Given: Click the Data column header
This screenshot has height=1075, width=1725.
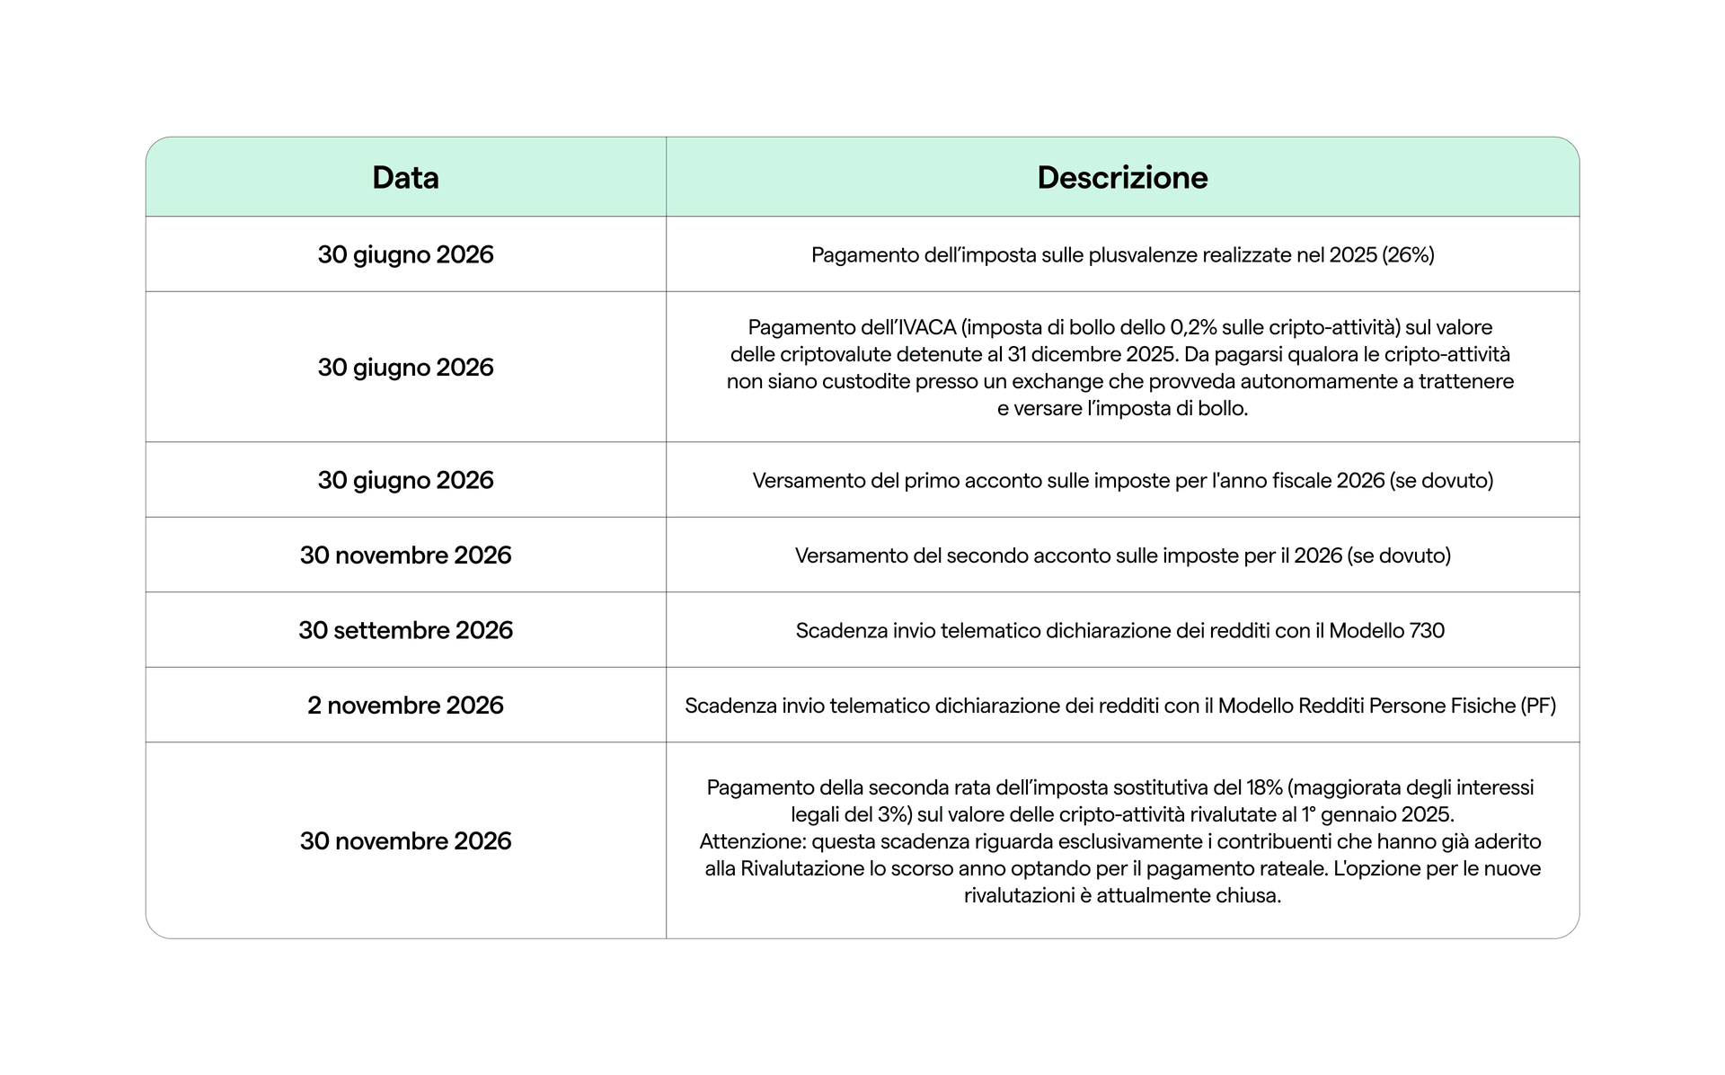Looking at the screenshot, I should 405,177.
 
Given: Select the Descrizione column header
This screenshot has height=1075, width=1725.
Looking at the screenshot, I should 1122,177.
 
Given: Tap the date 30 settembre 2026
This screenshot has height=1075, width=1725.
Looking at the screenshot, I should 405,630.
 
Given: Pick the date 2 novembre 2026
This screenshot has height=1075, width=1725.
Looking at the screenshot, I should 405,706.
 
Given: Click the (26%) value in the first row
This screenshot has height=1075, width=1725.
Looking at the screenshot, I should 1408,255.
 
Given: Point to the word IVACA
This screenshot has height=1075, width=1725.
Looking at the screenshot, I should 924,327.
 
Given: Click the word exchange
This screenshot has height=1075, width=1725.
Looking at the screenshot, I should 1057,381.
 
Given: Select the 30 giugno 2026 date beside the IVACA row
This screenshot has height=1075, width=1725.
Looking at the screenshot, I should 405,367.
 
